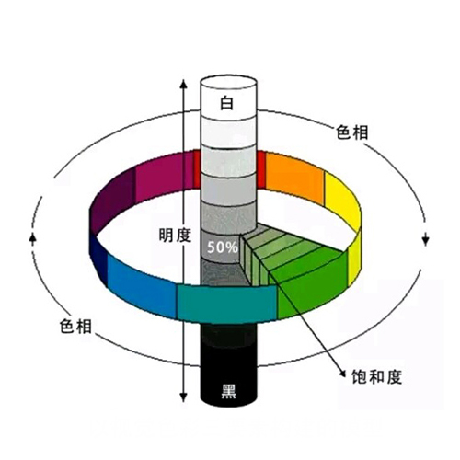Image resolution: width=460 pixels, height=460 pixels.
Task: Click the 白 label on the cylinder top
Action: (x=227, y=103)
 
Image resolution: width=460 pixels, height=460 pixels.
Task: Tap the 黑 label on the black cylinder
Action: (x=229, y=391)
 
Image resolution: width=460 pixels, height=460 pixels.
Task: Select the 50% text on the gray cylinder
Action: (x=223, y=247)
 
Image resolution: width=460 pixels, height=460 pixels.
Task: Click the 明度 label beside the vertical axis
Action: (x=175, y=236)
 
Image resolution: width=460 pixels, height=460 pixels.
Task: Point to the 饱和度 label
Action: (x=376, y=376)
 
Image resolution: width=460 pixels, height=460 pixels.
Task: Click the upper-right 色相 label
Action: (x=352, y=132)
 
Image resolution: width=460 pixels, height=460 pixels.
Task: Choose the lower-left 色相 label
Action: (x=75, y=326)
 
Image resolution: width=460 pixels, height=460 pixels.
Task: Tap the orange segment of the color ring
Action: (x=294, y=178)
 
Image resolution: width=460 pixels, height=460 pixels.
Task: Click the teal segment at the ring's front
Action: (x=227, y=304)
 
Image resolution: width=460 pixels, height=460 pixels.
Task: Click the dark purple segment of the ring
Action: (x=113, y=201)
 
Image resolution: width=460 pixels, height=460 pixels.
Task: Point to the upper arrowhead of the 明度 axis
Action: (x=183, y=85)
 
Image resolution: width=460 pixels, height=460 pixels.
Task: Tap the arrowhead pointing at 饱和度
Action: (x=343, y=372)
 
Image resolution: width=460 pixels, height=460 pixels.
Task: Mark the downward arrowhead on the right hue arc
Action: (x=425, y=241)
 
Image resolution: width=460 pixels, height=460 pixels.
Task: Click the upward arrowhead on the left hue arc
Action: (x=33, y=237)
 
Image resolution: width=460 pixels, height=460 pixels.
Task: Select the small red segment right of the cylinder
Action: (x=261, y=169)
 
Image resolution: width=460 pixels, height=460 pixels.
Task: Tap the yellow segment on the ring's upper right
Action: (x=342, y=200)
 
